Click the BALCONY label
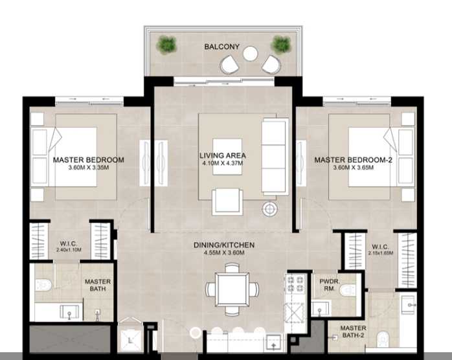pyautogui.click(x=222, y=47)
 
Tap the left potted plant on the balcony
pyautogui.click(x=167, y=45)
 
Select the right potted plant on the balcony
pyautogui.click(x=281, y=44)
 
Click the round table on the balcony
pyautogui.click(x=251, y=53)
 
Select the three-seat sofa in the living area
pyautogui.click(x=275, y=156)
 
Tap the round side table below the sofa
pyautogui.click(x=269, y=208)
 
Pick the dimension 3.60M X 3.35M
pyautogui.click(x=88, y=167)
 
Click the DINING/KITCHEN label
pyautogui.click(x=224, y=245)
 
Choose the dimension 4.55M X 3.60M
pyautogui.click(x=224, y=253)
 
